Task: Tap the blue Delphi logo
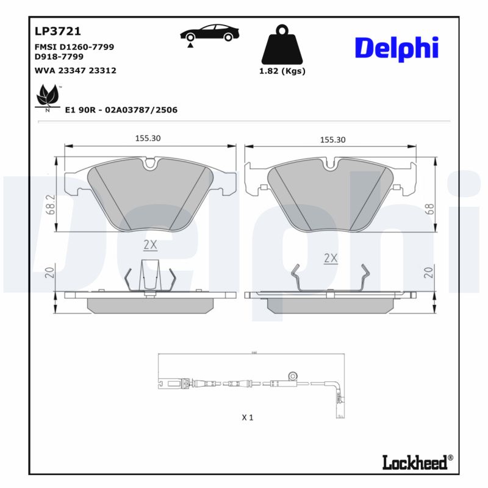click(396, 48)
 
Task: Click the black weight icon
click(282, 45)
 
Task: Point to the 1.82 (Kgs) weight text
click(282, 71)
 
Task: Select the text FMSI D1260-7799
click(75, 46)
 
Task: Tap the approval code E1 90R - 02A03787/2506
click(121, 110)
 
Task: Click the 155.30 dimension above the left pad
click(148, 138)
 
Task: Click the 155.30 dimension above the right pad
click(332, 140)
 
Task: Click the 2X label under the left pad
click(150, 245)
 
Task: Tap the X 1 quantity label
click(247, 418)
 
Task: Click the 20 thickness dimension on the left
click(49, 273)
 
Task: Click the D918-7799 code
click(60, 56)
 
